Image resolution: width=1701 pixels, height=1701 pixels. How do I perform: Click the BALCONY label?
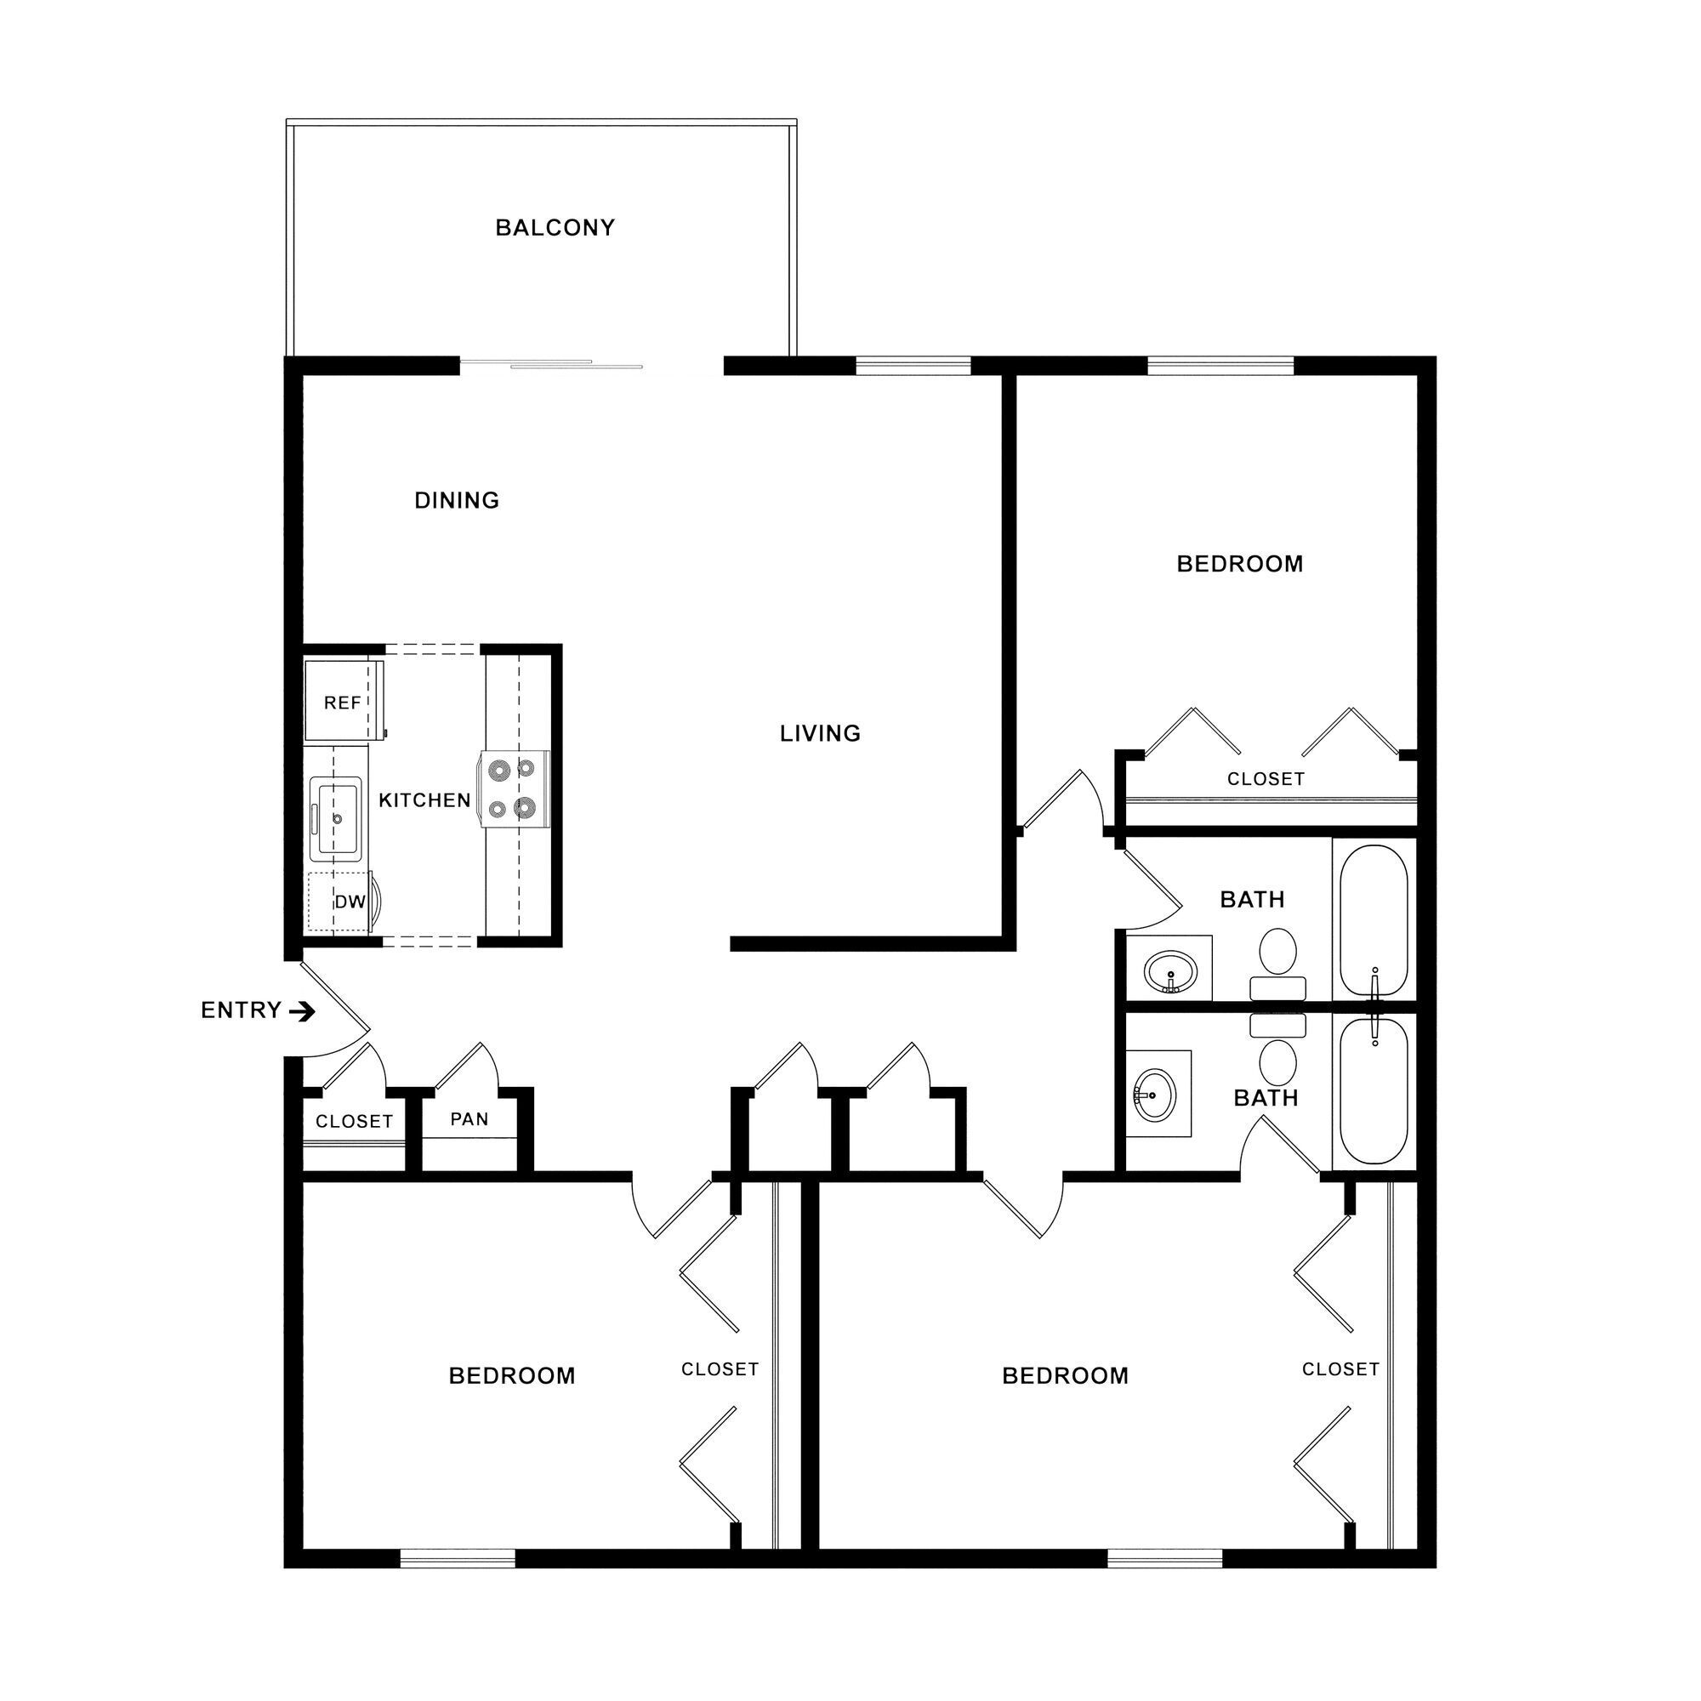click(555, 228)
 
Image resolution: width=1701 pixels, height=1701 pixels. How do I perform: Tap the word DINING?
click(456, 500)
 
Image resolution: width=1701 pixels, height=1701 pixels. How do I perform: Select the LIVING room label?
click(820, 733)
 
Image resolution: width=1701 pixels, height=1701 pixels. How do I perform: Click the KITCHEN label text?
click(424, 800)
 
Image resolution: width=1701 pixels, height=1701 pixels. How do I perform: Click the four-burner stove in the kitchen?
click(515, 789)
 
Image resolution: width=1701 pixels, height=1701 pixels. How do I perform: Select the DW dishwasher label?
click(350, 902)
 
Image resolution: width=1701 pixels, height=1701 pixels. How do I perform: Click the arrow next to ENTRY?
click(302, 1011)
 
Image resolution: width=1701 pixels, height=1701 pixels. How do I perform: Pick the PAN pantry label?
click(469, 1119)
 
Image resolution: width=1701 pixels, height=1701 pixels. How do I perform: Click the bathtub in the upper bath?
click(1374, 921)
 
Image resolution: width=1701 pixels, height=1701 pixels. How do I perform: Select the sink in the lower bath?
click(1154, 1094)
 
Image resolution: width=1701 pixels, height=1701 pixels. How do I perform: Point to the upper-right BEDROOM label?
click(1240, 564)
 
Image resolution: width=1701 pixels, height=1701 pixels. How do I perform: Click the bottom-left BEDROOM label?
click(511, 1376)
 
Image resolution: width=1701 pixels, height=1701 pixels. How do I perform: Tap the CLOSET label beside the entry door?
click(354, 1122)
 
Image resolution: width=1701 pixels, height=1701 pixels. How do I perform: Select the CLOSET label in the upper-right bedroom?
click(1266, 779)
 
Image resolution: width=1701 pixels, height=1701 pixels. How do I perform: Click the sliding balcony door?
click(552, 364)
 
